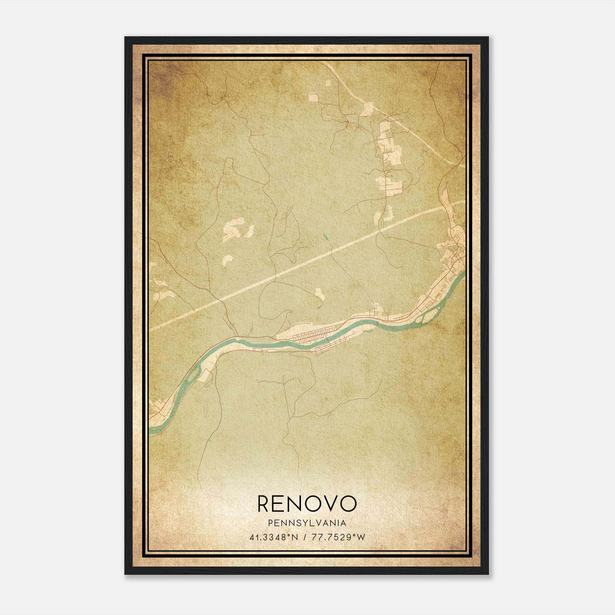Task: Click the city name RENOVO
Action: pos(307,504)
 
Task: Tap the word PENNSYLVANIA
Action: pos(307,523)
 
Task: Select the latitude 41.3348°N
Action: pos(273,537)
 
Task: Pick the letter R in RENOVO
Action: pos(265,504)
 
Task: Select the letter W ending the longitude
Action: pos(361,537)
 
